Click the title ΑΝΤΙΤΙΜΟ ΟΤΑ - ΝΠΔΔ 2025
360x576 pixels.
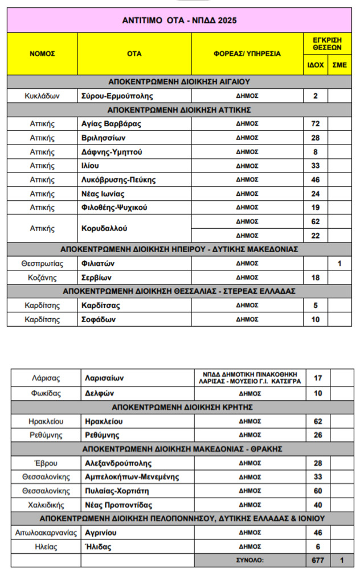click(x=179, y=20)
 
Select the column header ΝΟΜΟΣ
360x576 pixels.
click(x=42, y=54)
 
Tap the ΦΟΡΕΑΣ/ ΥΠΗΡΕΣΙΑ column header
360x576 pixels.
click(x=247, y=54)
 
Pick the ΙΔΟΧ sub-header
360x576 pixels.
click(x=316, y=65)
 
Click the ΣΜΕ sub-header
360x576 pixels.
click(x=339, y=65)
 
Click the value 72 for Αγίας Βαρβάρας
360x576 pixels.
click(x=316, y=124)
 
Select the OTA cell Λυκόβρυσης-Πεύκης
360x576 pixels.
click(x=118, y=180)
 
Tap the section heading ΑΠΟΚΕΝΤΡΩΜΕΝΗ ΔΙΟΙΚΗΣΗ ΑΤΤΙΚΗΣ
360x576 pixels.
click(x=179, y=110)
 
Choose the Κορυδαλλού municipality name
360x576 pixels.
click(x=104, y=228)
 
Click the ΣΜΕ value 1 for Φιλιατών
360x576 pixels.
click(x=339, y=264)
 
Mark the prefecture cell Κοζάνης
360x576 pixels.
click(x=42, y=278)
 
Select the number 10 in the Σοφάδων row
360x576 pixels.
click(x=316, y=319)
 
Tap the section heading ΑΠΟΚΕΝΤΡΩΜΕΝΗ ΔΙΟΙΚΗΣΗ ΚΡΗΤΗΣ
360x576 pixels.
click(x=182, y=408)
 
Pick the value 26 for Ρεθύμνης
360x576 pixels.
click(x=318, y=435)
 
